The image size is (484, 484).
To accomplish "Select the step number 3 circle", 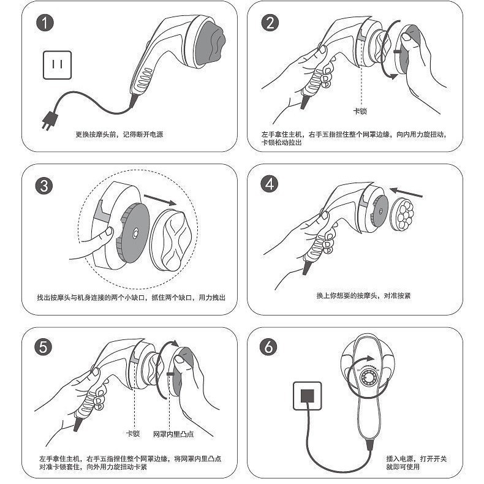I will click(x=45, y=186).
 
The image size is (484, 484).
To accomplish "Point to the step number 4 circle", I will click(x=270, y=184).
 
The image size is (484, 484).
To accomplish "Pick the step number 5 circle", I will click(x=45, y=346).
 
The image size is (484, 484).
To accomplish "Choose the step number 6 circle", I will click(x=269, y=346).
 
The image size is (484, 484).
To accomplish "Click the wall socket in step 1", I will click(x=58, y=64).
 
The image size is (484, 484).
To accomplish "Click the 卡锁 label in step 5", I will click(x=133, y=434).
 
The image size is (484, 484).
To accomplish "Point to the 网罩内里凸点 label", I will click(x=173, y=434).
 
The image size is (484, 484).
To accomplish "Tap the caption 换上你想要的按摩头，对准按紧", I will click(x=363, y=295).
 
